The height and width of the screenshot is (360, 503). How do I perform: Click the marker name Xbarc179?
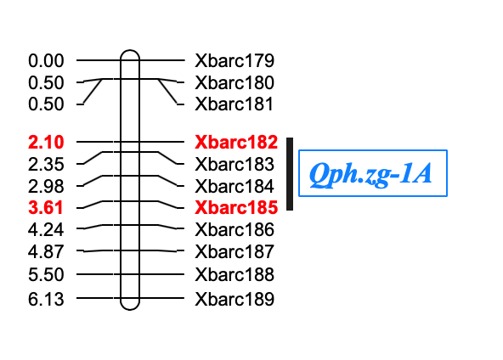coord(235,60)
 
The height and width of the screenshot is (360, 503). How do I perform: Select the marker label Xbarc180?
coord(235,82)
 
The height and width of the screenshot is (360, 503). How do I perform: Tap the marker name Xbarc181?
coord(235,104)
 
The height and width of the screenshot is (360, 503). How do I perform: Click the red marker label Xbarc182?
coord(236,142)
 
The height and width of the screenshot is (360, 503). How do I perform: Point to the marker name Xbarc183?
coord(235,164)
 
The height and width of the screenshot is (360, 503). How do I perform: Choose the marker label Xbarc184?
coord(235,186)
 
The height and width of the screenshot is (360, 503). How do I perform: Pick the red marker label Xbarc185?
coord(236,207)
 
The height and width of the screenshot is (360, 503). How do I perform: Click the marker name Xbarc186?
coord(235,229)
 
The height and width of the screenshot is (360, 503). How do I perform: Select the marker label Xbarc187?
coord(235,251)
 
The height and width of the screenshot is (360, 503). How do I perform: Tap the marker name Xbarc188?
coord(235,275)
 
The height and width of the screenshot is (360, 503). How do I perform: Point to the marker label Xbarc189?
coord(235,299)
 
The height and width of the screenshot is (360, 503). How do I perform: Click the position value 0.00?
coord(46,60)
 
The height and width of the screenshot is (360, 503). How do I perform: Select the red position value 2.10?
coord(46,142)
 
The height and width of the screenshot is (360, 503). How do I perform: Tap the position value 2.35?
coord(46,164)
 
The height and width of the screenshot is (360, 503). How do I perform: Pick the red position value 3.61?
coord(46,207)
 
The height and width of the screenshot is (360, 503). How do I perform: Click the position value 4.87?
coord(46,251)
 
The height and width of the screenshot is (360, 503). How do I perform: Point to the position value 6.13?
coord(46,299)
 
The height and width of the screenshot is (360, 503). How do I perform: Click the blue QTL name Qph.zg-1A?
coord(370,174)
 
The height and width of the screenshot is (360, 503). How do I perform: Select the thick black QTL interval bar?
coord(290,174)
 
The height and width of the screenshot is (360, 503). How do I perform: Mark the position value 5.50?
coord(46,275)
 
